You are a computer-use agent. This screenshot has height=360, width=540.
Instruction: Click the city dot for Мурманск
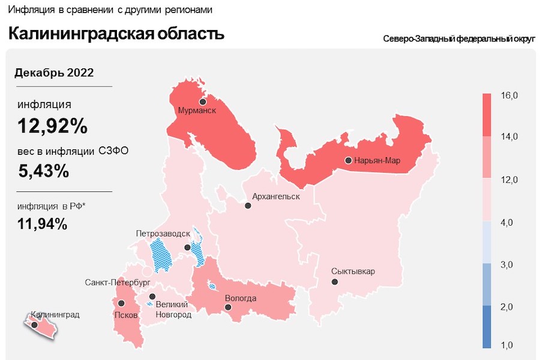coord(203,101)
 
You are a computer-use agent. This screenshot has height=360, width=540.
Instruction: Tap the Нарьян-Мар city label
coord(377,161)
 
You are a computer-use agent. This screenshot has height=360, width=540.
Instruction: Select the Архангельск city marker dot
coord(248,206)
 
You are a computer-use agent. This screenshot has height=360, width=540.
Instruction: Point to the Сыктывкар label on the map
coord(353,271)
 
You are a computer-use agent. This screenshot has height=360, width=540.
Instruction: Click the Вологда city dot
coord(228,307)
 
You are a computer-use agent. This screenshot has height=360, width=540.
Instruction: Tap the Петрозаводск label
coord(163,233)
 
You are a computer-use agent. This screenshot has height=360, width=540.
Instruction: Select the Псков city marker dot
coord(121,304)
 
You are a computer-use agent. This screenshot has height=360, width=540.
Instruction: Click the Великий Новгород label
coord(173,310)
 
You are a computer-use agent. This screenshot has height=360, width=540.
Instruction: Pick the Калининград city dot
coord(35,325)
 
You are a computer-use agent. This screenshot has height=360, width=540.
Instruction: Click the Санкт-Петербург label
coord(117,282)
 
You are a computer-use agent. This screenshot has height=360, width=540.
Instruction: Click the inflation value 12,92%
coord(53,127)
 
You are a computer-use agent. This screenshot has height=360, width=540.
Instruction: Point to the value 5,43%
coord(44,171)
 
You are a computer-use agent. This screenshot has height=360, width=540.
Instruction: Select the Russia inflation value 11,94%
coord(43,224)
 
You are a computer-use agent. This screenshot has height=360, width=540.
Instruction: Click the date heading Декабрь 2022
coord(54,73)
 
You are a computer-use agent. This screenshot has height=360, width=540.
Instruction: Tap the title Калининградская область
coord(116,34)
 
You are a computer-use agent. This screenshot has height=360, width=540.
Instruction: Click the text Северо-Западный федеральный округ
coord(458,39)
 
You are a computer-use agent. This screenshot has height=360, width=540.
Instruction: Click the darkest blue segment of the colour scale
coord(487,327)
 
